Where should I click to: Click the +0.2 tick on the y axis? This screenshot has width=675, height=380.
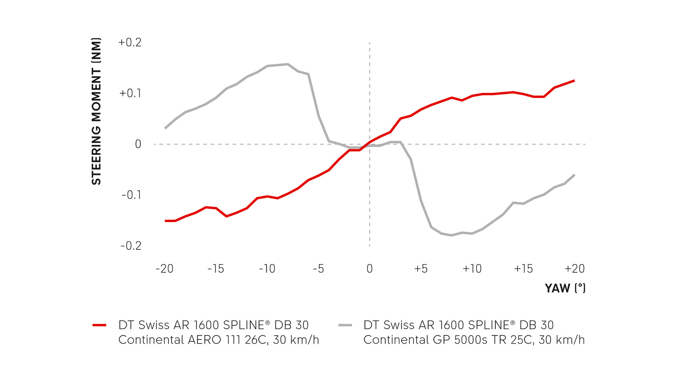coord(130,43)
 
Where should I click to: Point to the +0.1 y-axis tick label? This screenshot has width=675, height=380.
coord(130,93)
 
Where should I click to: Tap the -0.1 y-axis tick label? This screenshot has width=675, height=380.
coord(131,195)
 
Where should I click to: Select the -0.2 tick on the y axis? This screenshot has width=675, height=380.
coord(131,246)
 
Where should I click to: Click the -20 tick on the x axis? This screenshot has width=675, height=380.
coord(165,269)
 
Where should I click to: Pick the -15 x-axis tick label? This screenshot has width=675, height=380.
coord(216,269)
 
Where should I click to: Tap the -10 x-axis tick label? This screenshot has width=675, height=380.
coord(267,269)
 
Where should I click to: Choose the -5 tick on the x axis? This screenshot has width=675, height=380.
coord(318,269)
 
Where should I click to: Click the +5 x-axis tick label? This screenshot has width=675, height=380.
coord(421,269)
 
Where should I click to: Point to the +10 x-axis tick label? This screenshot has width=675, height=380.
coord(472,269)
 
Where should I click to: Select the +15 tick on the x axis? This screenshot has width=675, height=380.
coord(523,269)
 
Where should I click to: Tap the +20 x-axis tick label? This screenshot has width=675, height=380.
coord(574,269)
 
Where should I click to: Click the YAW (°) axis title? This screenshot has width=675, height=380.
coord(565,288)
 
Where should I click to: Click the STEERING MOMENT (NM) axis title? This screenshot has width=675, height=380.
coord(96,111)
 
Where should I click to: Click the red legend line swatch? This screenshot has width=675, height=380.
coord(99,325)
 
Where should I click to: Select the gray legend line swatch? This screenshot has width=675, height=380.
coord(345,325)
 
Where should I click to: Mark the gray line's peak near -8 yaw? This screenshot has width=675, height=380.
coord(288,64)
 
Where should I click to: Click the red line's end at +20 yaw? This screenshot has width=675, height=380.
coord(574,81)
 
